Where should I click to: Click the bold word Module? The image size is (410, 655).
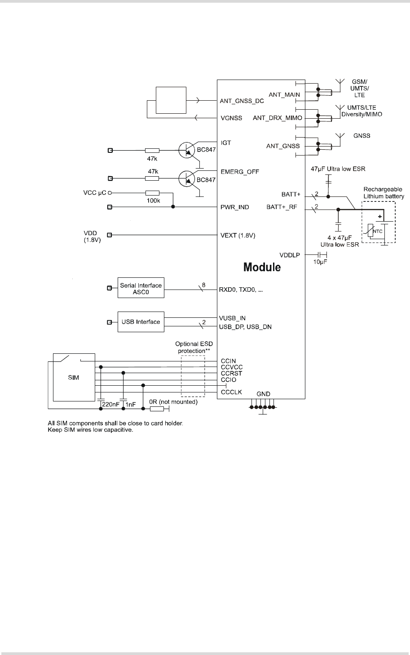pos(262,267)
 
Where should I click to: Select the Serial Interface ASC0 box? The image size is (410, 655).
pos(141,288)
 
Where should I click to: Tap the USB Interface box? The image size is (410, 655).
pos(141,322)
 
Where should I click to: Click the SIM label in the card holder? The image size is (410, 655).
pos(73,378)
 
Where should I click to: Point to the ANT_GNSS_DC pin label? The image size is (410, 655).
pos(242,101)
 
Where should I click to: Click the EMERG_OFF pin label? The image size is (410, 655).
pos(239,171)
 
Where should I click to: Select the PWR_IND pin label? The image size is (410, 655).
pos(234,207)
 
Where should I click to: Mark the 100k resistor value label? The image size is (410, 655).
pos(154,201)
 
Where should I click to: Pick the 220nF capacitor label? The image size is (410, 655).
pos(111,403)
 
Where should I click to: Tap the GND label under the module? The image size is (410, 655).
pos(263,394)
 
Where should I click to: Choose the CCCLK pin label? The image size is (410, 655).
pos(231,392)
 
